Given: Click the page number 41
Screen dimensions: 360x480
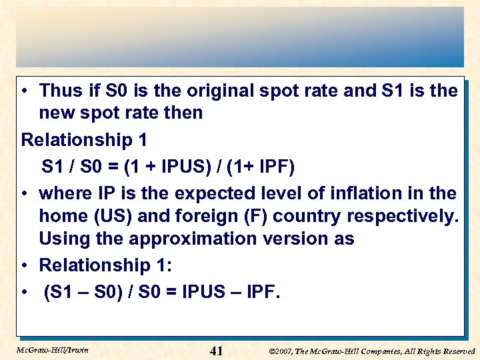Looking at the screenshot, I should point(217,351).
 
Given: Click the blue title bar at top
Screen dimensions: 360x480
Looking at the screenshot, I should point(240,37).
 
